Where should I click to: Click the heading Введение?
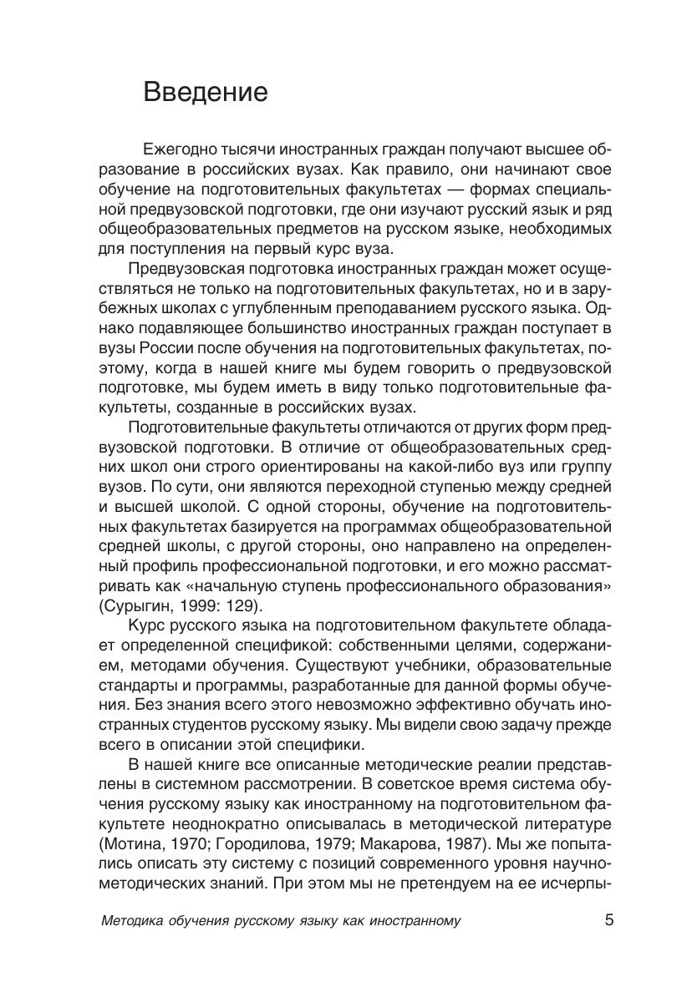point(206,91)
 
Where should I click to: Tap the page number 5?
point(608,921)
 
